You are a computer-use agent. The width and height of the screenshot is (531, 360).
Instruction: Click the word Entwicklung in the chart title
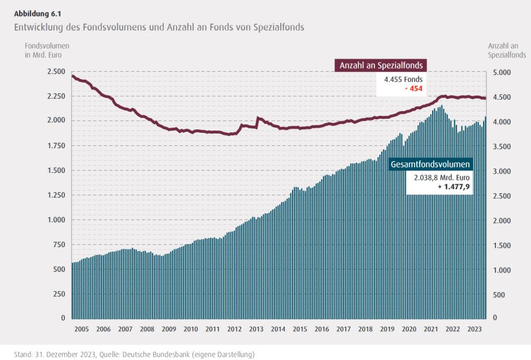point(38,27)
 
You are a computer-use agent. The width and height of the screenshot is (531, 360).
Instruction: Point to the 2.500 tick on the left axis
point(56,71)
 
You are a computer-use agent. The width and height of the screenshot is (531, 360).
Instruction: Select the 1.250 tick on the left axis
point(56,195)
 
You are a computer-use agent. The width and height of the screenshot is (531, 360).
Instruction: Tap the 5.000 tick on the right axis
point(503,72)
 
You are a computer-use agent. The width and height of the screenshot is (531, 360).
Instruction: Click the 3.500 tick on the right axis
point(503,146)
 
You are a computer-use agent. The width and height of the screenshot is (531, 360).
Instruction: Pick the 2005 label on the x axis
point(82,329)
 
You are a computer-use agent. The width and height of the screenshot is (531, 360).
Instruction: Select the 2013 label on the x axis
point(256,329)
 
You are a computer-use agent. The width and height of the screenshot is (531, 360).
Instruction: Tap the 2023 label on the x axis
point(475,329)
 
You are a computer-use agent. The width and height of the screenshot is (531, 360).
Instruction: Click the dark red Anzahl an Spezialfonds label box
point(381,65)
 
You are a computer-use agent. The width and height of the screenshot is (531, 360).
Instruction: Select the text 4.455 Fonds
point(403,80)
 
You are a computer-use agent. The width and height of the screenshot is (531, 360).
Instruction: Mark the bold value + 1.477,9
point(453,186)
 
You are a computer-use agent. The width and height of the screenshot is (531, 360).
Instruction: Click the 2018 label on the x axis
point(365,329)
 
